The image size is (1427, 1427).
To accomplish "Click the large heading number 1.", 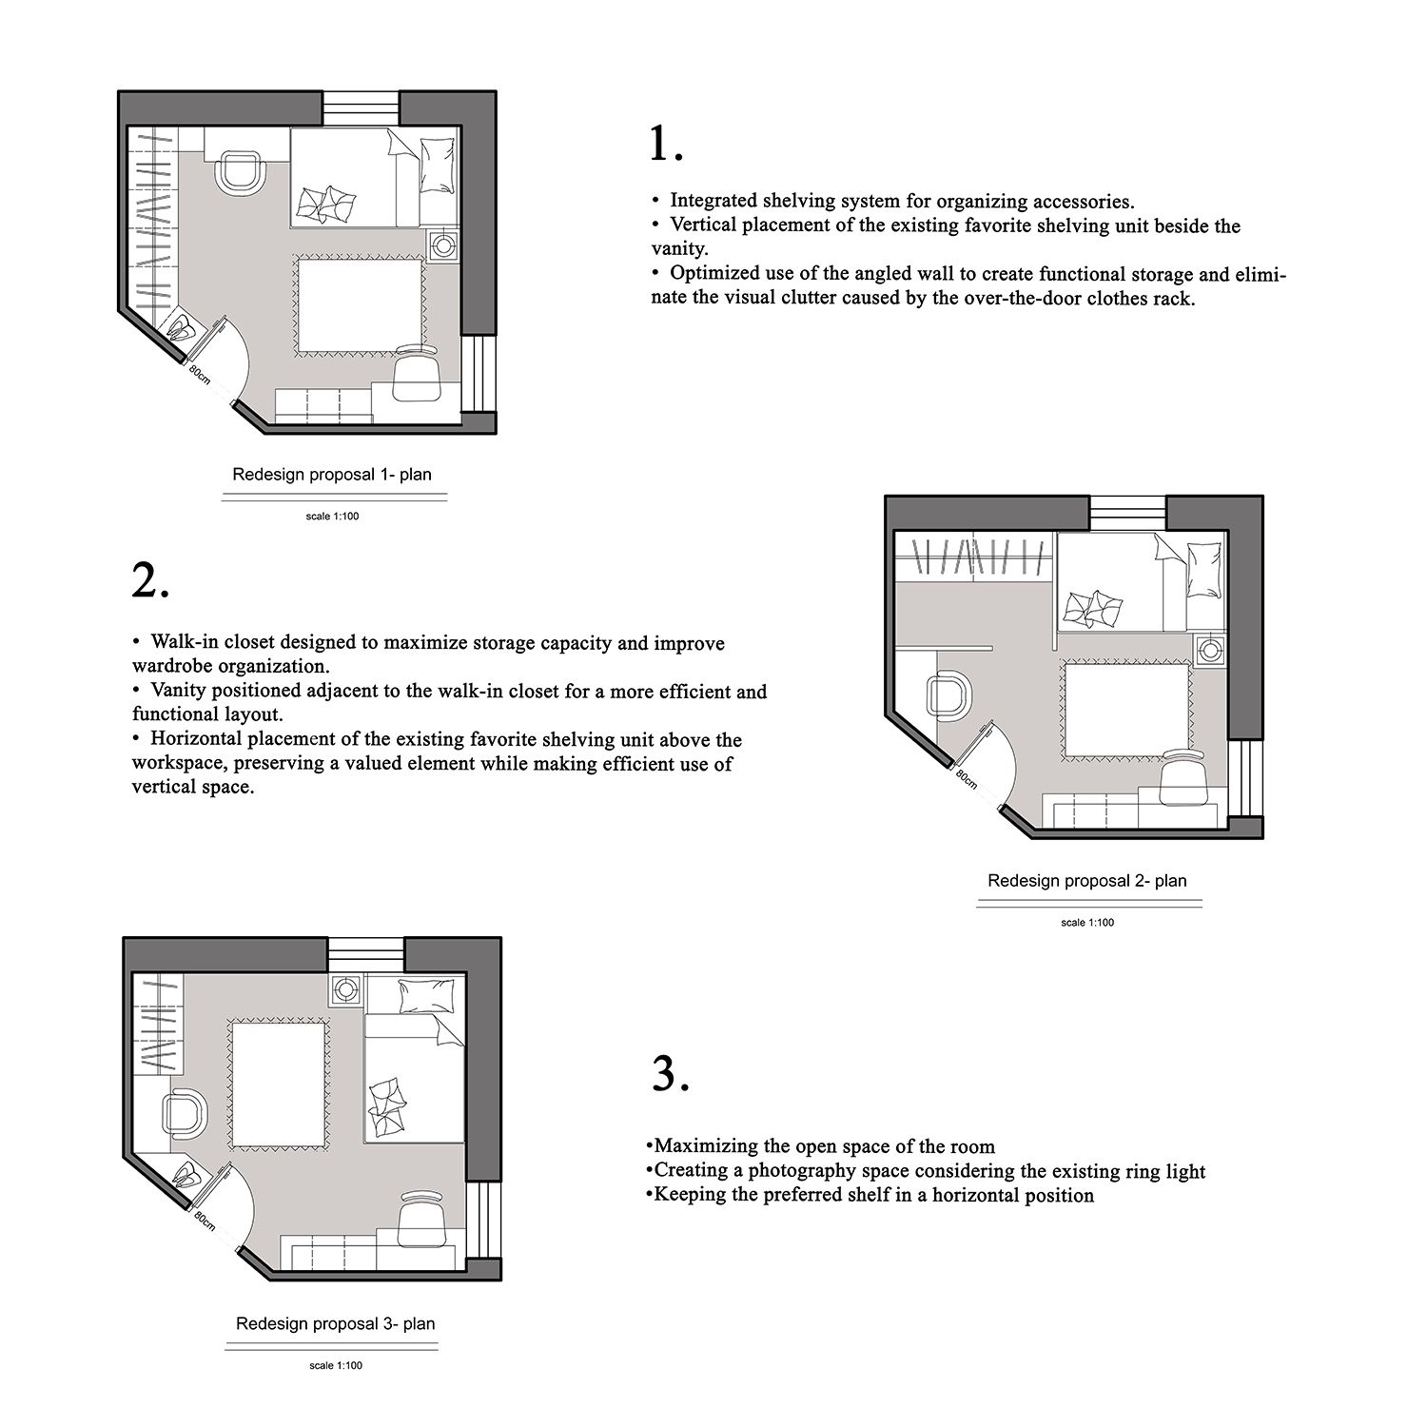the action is pyautogui.click(x=666, y=144).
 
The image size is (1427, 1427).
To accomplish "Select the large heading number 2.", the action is pyautogui.click(x=150, y=579).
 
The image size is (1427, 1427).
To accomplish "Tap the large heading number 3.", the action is pyautogui.click(x=671, y=1073).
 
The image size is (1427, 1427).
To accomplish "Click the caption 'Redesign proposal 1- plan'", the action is pyautogui.click(x=332, y=474).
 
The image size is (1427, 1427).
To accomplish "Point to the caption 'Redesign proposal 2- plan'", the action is pyautogui.click(x=1087, y=880).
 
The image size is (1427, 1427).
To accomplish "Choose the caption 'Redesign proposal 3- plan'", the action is pyautogui.click(x=336, y=1323).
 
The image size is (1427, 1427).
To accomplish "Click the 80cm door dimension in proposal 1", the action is pyautogui.click(x=199, y=373).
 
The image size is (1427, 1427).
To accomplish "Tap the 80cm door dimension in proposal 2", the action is pyautogui.click(x=966, y=778).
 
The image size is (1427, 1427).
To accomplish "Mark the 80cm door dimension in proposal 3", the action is pyautogui.click(x=205, y=1220).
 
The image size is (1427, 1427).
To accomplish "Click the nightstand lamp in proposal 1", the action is pyautogui.click(x=443, y=244).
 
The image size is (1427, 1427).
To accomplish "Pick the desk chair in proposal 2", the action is pyautogui.click(x=1183, y=774).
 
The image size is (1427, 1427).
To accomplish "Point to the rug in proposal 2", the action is pyautogui.click(x=1127, y=709).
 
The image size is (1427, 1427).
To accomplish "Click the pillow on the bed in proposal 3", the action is pyautogui.click(x=419, y=996).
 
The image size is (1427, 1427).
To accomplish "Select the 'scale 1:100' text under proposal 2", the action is pyautogui.click(x=1087, y=922).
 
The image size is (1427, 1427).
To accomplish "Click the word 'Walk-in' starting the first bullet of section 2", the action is pyautogui.click(x=185, y=642).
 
